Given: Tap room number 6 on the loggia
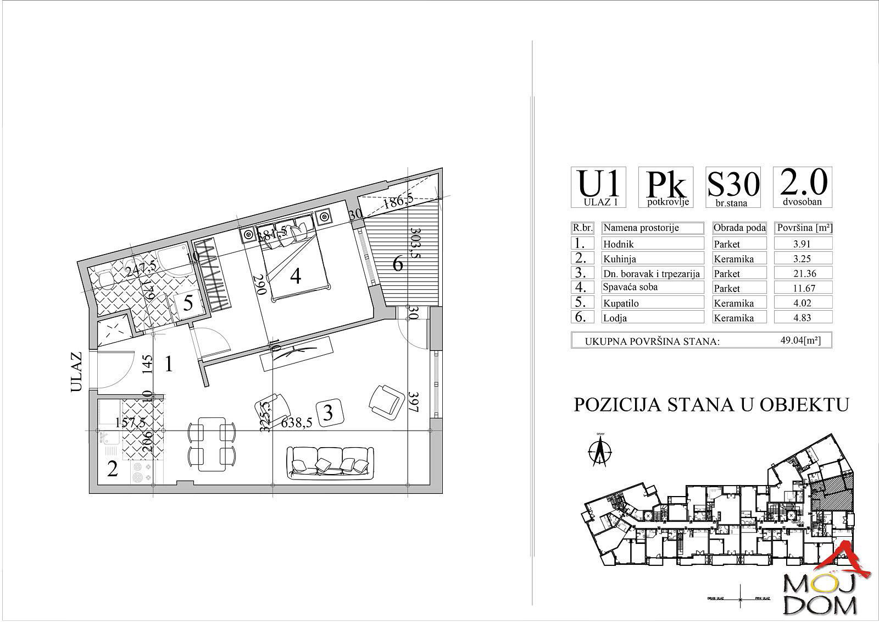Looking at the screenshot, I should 398,264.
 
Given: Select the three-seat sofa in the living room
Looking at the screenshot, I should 330,460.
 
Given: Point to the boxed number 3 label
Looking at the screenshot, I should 328,412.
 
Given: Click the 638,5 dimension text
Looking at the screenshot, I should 296,423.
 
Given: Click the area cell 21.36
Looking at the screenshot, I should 803,273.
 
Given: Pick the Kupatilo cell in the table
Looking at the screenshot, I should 653,303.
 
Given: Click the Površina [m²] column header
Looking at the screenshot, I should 803,228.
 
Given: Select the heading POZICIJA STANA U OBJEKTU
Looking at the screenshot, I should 711,405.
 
